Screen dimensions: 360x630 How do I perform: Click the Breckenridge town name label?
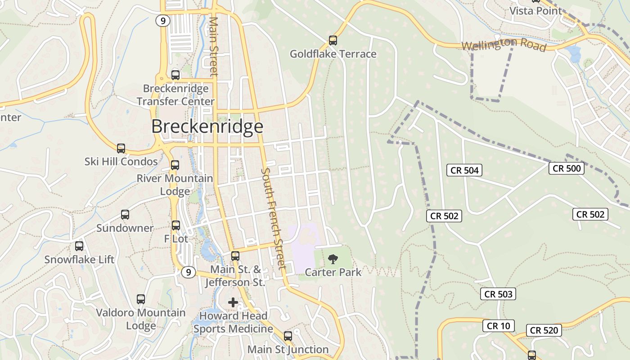[x=207, y=126]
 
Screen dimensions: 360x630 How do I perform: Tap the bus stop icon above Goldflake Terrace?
[x=333, y=40]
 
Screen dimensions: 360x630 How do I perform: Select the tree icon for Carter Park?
[x=333, y=259]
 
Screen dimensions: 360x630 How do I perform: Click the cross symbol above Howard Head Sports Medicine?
[x=233, y=302]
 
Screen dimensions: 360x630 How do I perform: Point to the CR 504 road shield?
[x=464, y=170]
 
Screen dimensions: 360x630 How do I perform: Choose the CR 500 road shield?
[x=566, y=168]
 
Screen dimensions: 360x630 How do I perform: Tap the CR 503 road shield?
[x=498, y=294]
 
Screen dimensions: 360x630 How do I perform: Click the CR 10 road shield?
[x=498, y=326]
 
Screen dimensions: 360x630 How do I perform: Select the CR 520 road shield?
[x=544, y=330]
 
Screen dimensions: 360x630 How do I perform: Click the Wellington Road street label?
[x=504, y=45]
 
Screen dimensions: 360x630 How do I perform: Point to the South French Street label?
[x=273, y=218]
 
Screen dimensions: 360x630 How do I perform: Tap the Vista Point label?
[x=535, y=11]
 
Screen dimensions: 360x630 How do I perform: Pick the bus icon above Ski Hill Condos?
[x=121, y=148]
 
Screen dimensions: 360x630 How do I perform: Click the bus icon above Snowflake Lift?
[x=79, y=246]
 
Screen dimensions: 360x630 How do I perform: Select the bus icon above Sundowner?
[x=125, y=215]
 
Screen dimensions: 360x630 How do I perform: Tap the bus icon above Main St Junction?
[x=288, y=336]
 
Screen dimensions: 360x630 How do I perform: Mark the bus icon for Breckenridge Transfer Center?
[x=175, y=75]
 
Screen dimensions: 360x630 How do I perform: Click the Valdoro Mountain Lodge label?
[x=141, y=319]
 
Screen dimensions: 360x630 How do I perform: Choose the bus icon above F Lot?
[x=176, y=225]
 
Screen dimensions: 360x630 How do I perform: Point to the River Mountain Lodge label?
[x=175, y=184]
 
